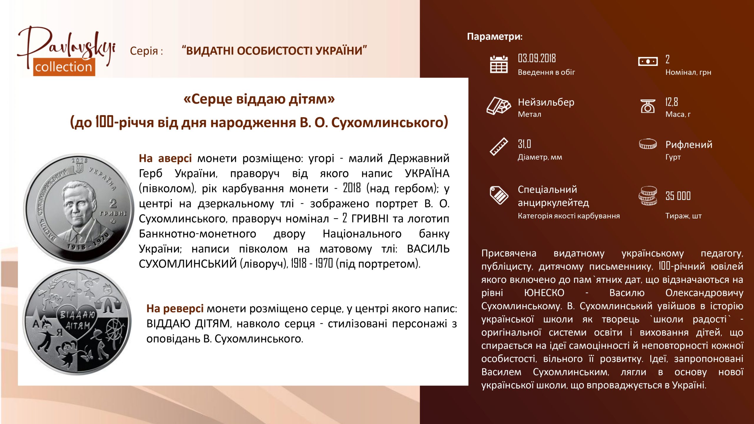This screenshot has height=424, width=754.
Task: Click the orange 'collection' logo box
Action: click(x=64, y=67)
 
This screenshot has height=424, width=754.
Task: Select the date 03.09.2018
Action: click(x=537, y=58)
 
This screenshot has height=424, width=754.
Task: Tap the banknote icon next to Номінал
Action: click(x=648, y=62)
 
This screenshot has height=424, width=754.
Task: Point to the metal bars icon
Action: click(x=499, y=105)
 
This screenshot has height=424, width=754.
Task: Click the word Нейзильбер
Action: click(x=546, y=102)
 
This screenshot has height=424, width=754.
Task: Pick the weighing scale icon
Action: click(x=648, y=106)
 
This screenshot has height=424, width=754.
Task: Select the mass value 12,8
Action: click(x=672, y=102)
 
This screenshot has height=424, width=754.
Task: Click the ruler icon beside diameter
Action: click(x=499, y=146)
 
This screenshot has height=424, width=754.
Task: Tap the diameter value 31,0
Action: click(x=524, y=144)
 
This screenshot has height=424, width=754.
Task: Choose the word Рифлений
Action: click(x=689, y=145)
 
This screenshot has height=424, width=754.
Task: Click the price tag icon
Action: click(x=499, y=195)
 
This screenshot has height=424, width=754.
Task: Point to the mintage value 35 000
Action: click(x=678, y=196)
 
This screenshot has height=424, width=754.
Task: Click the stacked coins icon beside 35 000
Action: click(x=648, y=196)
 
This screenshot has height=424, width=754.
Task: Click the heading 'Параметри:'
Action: click(x=495, y=37)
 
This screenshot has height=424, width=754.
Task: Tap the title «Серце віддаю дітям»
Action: click(x=259, y=99)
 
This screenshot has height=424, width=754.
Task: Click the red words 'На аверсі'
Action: click(x=165, y=158)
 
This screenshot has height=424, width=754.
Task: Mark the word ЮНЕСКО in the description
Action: click(x=544, y=293)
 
